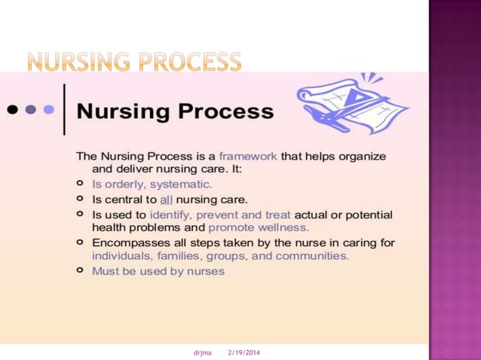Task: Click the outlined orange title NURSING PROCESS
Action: (133, 62)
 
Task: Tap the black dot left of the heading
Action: (13, 110)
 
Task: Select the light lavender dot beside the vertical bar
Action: (49, 110)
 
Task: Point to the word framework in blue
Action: (248, 156)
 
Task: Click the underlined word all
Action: (166, 200)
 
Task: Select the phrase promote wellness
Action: (259, 227)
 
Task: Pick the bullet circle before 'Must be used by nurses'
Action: (80, 271)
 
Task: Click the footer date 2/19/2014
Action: (244, 352)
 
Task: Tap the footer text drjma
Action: (201, 352)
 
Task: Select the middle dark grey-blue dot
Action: (31, 110)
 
